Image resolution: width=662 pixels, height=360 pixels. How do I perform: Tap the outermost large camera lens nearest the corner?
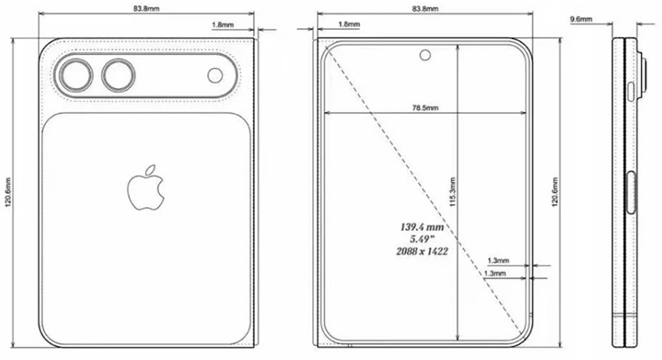click(74, 75)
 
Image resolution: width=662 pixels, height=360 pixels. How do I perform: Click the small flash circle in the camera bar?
click(215, 75)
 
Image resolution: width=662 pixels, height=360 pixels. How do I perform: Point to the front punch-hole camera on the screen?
click(423, 55)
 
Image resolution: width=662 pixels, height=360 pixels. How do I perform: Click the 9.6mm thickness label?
click(581, 20)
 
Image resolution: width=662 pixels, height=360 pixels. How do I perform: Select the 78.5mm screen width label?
click(424, 108)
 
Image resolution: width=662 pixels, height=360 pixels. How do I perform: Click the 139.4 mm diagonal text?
click(421, 227)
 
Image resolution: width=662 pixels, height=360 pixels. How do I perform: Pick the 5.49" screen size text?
click(421, 239)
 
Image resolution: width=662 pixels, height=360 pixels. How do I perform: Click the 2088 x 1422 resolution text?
click(421, 251)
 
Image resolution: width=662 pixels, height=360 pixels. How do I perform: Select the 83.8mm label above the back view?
click(146, 9)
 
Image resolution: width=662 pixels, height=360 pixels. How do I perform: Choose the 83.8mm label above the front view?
click(424, 9)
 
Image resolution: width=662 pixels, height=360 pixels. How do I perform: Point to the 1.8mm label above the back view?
click(222, 24)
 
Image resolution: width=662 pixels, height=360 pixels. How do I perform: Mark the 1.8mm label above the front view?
click(349, 24)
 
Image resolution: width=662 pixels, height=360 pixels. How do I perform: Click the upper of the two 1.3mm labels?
click(497, 261)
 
